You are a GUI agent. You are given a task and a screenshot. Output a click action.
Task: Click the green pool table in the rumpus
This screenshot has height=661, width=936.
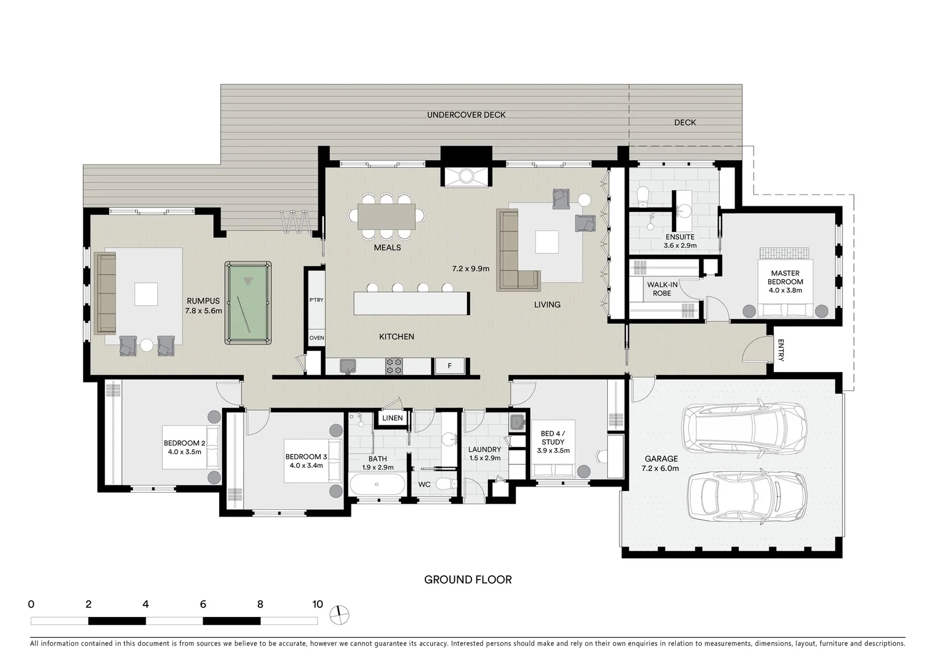coord(248,302)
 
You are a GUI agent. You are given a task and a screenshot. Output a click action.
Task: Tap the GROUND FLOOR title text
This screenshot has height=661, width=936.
coord(468,580)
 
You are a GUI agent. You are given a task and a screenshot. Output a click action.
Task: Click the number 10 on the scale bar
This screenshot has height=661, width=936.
coord(317,605)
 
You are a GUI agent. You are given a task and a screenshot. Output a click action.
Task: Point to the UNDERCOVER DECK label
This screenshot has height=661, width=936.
coord(466,115)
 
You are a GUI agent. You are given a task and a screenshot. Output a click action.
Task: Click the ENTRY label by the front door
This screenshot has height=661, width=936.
coord(781,351)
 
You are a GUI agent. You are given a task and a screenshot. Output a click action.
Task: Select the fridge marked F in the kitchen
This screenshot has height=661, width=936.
coord(449,366)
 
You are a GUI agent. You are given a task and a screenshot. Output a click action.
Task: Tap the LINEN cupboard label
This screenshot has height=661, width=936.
coord(392,419)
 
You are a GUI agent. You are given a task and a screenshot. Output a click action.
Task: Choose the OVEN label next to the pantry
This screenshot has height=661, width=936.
coord(316,338)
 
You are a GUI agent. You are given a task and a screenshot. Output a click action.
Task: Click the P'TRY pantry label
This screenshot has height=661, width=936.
coord(316,300)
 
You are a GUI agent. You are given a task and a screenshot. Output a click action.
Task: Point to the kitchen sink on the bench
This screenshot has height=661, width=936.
coord(349,366)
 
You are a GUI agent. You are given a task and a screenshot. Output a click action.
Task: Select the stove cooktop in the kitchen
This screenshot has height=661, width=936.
coord(394,366)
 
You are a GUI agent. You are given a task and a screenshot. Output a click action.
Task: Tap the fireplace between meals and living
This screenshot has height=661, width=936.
coord(466,176)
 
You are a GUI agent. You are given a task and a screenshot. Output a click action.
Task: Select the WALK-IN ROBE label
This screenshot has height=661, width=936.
coord(662,289)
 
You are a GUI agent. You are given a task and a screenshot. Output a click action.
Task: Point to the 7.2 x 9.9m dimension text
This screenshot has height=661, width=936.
coord(471,268)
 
